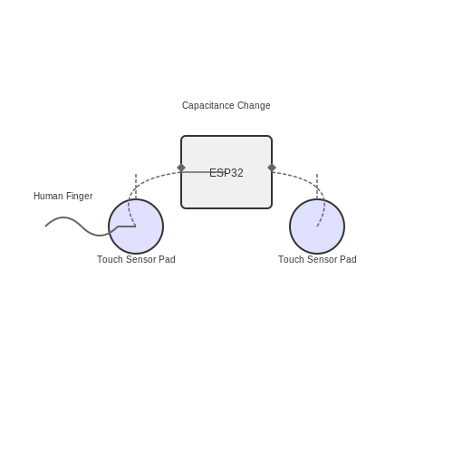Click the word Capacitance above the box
pyautogui.click(x=207, y=105)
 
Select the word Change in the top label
pyautogui.click(x=254, y=105)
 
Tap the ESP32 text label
pyautogui.click(x=226, y=173)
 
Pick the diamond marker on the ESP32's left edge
pyautogui.click(x=181, y=168)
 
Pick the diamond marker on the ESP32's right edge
pyautogui.click(x=272, y=168)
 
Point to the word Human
pyautogui.click(x=48, y=196)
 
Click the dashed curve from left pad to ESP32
pyautogui.click(x=142, y=181)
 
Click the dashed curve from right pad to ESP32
pyautogui.click(x=311, y=181)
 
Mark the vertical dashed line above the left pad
pyautogui.click(x=136, y=187)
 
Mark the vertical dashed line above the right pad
pyautogui.click(x=317, y=187)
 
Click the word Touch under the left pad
pyautogui.click(x=110, y=259)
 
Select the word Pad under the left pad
pyautogui.click(x=167, y=259)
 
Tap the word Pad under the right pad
pyautogui.click(x=348, y=259)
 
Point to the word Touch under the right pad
pyautogui.click(x=291, y=259)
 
